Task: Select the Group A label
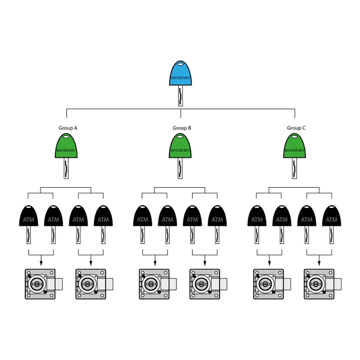pos(68,128)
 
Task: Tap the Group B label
pos(182,128)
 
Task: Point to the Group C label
pos(296,128)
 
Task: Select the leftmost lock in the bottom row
pos(41,284)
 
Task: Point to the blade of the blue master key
pos(180,96)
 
